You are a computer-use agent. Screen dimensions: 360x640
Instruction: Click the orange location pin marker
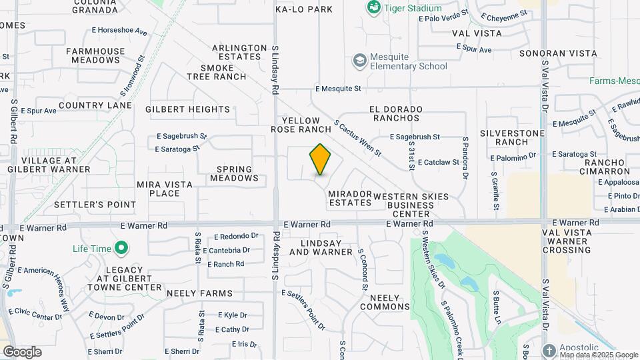pos(321,159)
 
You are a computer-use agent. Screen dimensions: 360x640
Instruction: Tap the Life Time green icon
pos(121,249)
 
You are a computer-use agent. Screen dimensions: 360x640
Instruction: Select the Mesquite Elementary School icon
pos(361,61)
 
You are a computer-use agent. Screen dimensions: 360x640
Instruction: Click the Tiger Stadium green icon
pos(373,8)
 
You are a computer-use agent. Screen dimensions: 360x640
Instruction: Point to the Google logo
pos(22,352)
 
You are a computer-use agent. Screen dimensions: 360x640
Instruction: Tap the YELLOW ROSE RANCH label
pos(301,125)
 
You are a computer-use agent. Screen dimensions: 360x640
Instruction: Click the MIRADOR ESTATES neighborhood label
pos(350,198)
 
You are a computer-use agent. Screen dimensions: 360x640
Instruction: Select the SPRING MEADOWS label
pos(234,174)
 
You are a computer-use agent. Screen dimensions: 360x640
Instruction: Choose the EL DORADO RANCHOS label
pos(395,113)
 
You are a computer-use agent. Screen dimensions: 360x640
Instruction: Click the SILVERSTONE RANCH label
pos(513,137)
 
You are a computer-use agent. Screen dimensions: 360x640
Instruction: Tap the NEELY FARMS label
pos(200,293)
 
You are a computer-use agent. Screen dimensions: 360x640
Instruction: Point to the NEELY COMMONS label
pos(385,302)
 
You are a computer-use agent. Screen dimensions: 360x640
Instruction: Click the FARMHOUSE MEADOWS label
pos(95,55)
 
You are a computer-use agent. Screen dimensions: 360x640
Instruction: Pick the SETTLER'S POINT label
pos(95,205)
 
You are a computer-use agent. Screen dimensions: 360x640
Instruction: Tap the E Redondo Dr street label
pos(236,236)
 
